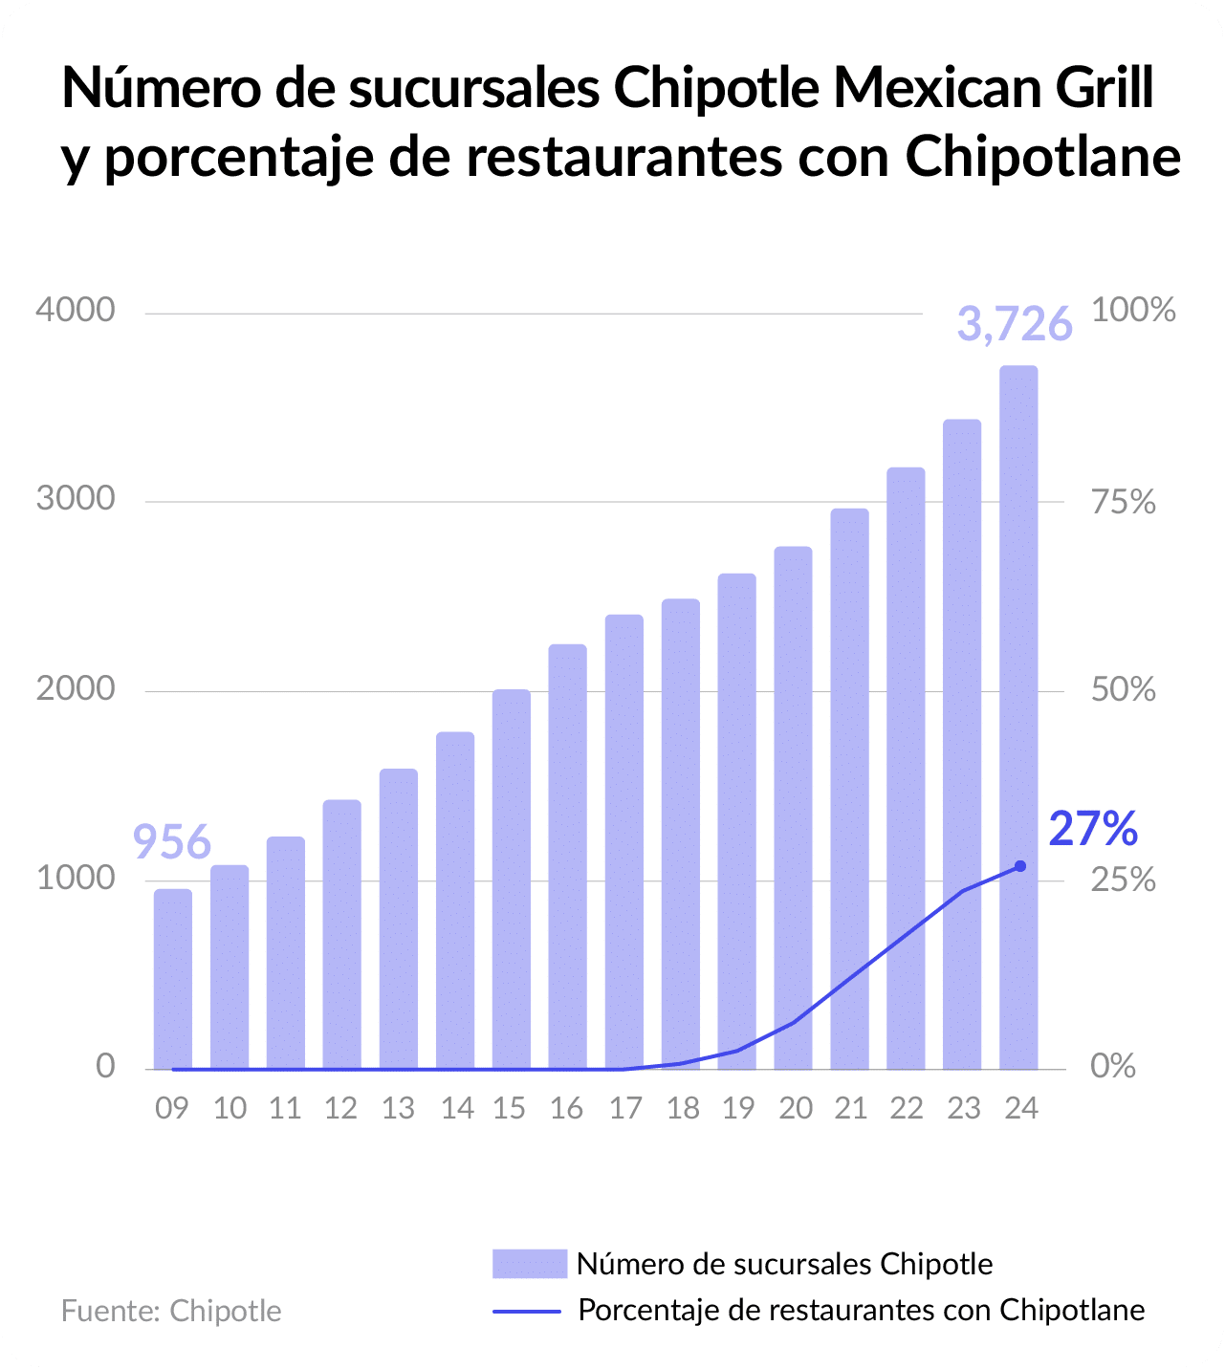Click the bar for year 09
coord(173,979)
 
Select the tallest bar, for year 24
coord(1018,717)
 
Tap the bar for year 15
coord(511,880)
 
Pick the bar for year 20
coord(793,808)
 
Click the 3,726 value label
coord(1015,325)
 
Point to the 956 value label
coord(171,842)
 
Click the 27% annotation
coord(1093,829)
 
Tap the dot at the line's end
coord(1019,866)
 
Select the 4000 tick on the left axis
coord(75,310)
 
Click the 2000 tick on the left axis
coord(75,688)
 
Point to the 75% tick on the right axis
coord(1124,502)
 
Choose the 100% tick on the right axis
coord(1133,310)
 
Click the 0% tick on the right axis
coord(1113,1066)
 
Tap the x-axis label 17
coord(624,1108)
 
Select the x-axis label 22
coord(907,1108)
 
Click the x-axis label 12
coord(340,1108)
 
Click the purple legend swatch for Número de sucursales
coord(530,1264)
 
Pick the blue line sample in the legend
coord(527,1311)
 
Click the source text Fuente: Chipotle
coord(171,1311)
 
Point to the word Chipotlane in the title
coord(1043,157)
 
